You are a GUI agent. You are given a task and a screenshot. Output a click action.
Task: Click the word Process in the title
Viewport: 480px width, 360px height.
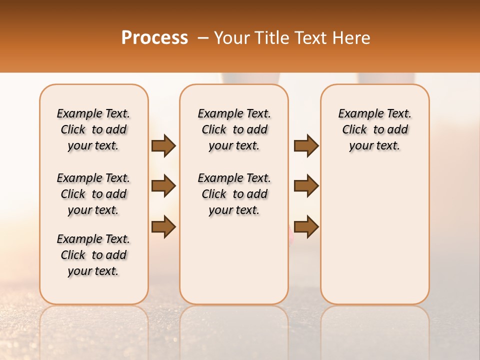point(154,38)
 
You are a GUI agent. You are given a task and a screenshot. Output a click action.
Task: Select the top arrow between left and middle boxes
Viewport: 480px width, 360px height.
point(163,146)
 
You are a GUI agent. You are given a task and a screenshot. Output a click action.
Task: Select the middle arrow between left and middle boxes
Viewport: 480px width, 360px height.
point(163,186)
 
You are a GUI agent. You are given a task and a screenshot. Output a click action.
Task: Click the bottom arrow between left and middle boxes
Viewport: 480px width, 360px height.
point(163,226)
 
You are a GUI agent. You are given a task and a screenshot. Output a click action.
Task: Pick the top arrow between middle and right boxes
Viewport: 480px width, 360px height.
point(306,146)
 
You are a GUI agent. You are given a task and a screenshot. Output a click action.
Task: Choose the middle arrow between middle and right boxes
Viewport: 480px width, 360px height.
point(306,186)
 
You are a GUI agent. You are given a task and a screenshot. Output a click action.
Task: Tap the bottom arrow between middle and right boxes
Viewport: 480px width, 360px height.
point(306,226)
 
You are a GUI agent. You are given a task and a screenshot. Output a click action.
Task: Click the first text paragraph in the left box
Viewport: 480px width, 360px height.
point(93,129)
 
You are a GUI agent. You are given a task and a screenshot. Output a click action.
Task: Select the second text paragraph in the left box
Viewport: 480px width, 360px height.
point(93,194)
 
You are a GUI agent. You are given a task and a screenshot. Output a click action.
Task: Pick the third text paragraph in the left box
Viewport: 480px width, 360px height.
point(93,255)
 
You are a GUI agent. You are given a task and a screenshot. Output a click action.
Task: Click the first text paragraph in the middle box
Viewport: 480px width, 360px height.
point(234,129)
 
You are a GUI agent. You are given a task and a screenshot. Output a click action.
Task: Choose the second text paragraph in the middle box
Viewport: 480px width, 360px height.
point(234,194)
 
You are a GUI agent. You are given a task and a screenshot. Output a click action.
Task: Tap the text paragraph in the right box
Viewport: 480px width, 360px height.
point(374,129)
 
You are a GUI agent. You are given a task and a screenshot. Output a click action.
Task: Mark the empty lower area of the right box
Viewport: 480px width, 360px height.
point(374,235)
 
